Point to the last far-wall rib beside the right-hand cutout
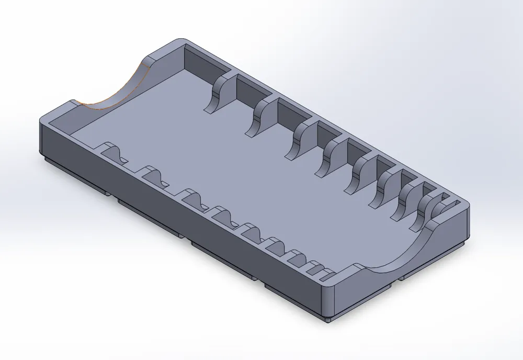(x=426, y=211)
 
